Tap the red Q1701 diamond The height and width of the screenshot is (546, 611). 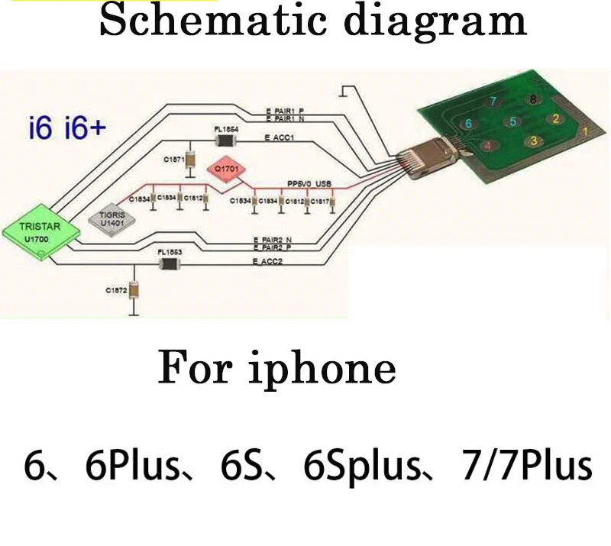228,170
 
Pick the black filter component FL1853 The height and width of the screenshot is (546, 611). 168,263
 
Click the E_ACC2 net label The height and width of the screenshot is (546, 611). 268,261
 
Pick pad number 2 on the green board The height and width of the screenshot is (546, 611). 557,118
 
